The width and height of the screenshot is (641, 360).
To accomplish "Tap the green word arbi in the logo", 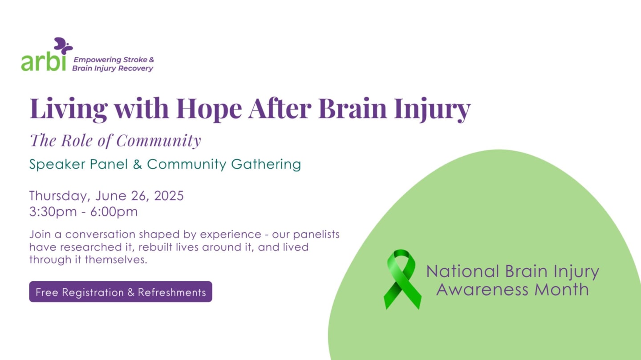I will (x=43, y=62).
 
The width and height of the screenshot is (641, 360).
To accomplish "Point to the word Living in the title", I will (x=69, y=108).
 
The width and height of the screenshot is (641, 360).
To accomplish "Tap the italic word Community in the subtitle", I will (x=158, y=141).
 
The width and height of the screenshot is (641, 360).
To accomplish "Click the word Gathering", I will (x=266, y=165).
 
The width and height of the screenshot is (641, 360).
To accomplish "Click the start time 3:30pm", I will (x=53, y=212).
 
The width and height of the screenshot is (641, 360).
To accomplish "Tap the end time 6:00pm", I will (x=114, y=212).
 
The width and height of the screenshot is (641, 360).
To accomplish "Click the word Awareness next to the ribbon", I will (x=483, y=290).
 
